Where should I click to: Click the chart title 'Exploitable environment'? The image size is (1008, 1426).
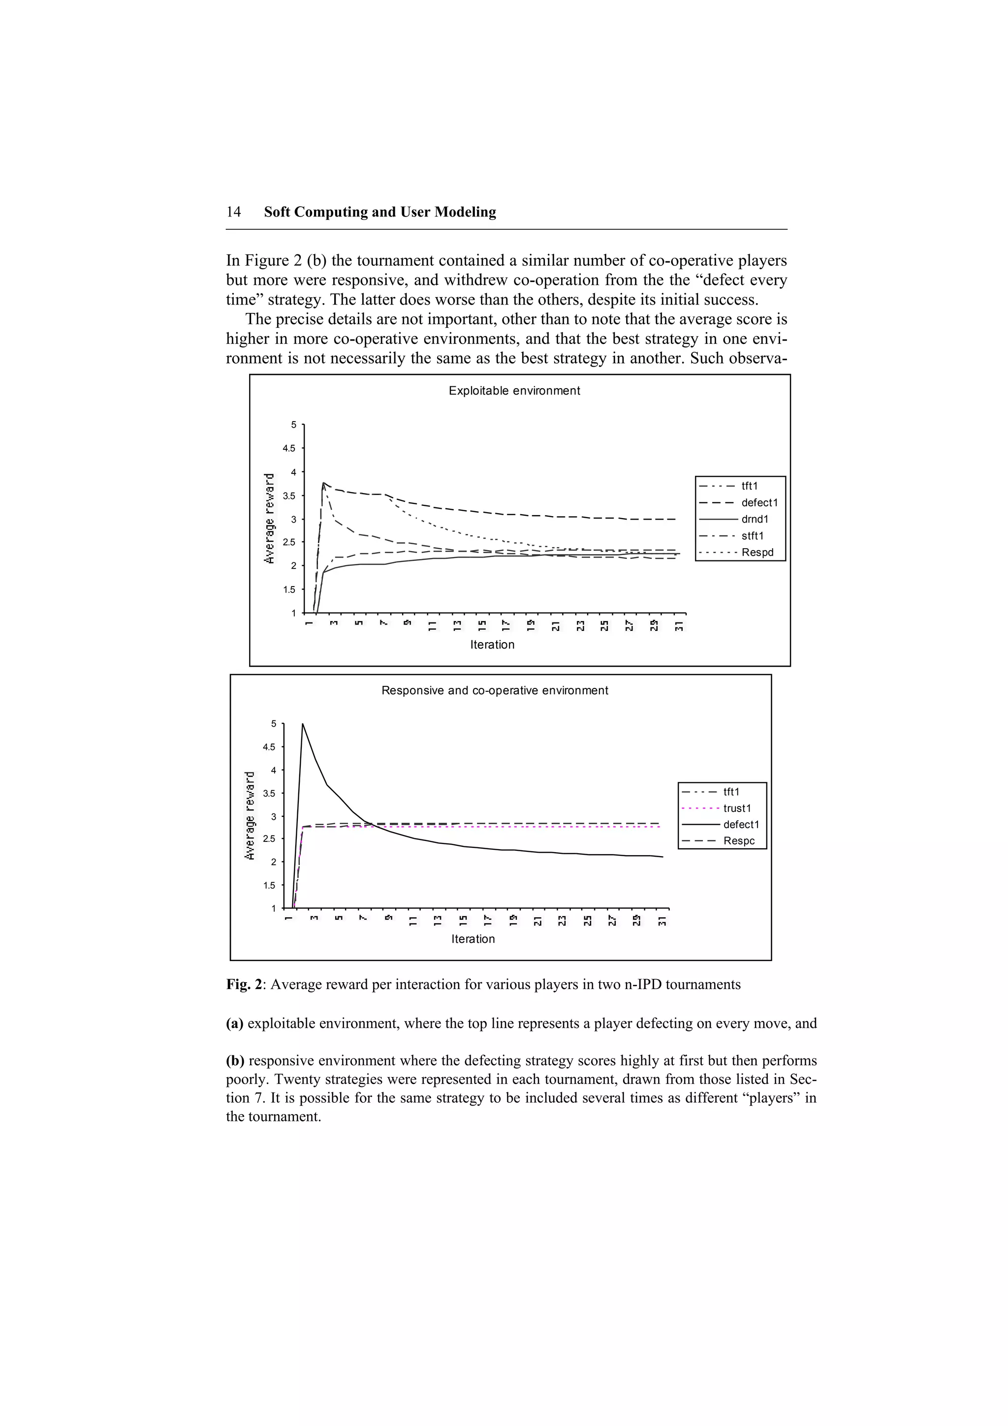pos(514,391)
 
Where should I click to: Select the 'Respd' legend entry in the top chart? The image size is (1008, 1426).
pos(757,552)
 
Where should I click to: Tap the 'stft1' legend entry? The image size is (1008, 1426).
pos(753,535)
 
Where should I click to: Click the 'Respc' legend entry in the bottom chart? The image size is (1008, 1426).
pos(738,840)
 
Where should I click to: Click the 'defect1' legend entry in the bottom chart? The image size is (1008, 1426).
pos(741,824)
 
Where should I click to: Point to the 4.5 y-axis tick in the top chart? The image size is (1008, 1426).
pos(289,448)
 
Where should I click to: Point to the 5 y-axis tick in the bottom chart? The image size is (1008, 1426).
pos(273,723)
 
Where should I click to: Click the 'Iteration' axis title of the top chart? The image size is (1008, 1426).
pos(492,645)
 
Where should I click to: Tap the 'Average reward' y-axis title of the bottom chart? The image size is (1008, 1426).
pos(250,815)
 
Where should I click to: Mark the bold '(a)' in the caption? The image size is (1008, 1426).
pos(235,1023)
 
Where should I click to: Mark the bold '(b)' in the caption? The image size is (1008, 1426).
pos(235,1060)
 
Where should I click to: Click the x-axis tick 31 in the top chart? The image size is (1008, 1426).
pos(679,625)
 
